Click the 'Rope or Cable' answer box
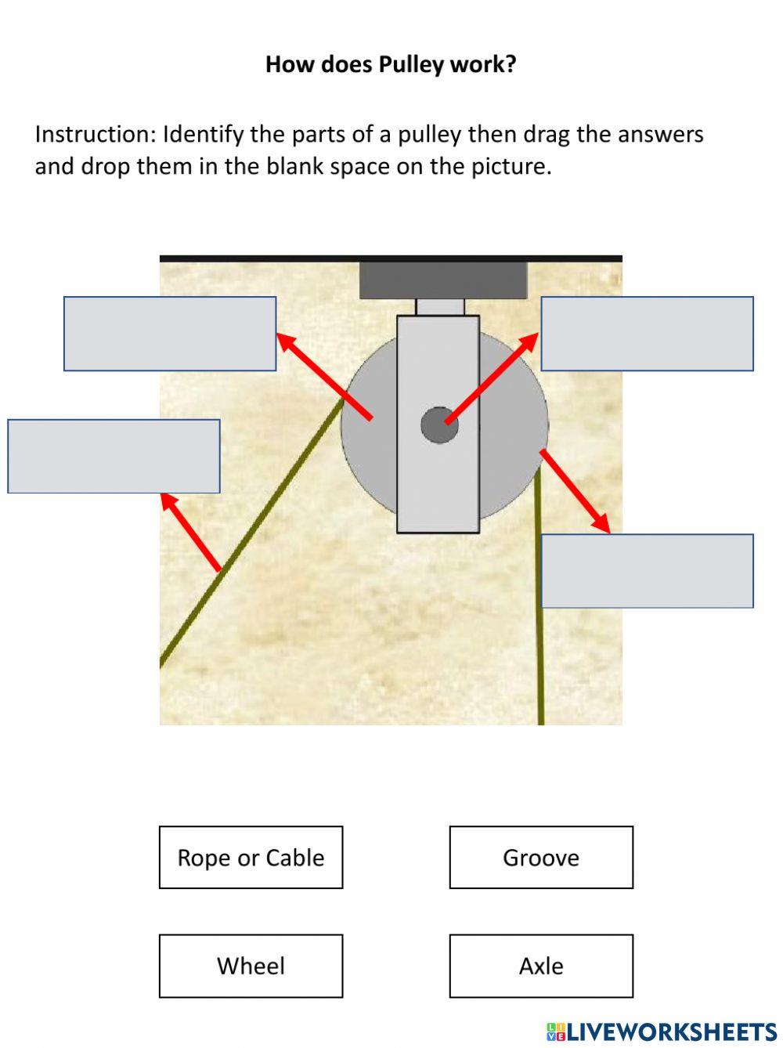tap(251, 858)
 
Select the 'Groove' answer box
tap(541, 858)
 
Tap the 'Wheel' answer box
tap(251, 966)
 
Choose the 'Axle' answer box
tap(541, 966)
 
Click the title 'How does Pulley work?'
tap(391, 64)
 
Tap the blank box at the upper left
tap(170, 334)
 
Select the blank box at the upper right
tap(647, 334)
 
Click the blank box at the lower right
tap(647, 571)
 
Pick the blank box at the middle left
tap(114, 457)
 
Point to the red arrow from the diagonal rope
tap(191, 532)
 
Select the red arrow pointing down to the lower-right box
tap(575, 491)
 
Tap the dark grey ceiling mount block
tap(443, 280)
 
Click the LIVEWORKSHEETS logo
tap(662, 1031)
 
